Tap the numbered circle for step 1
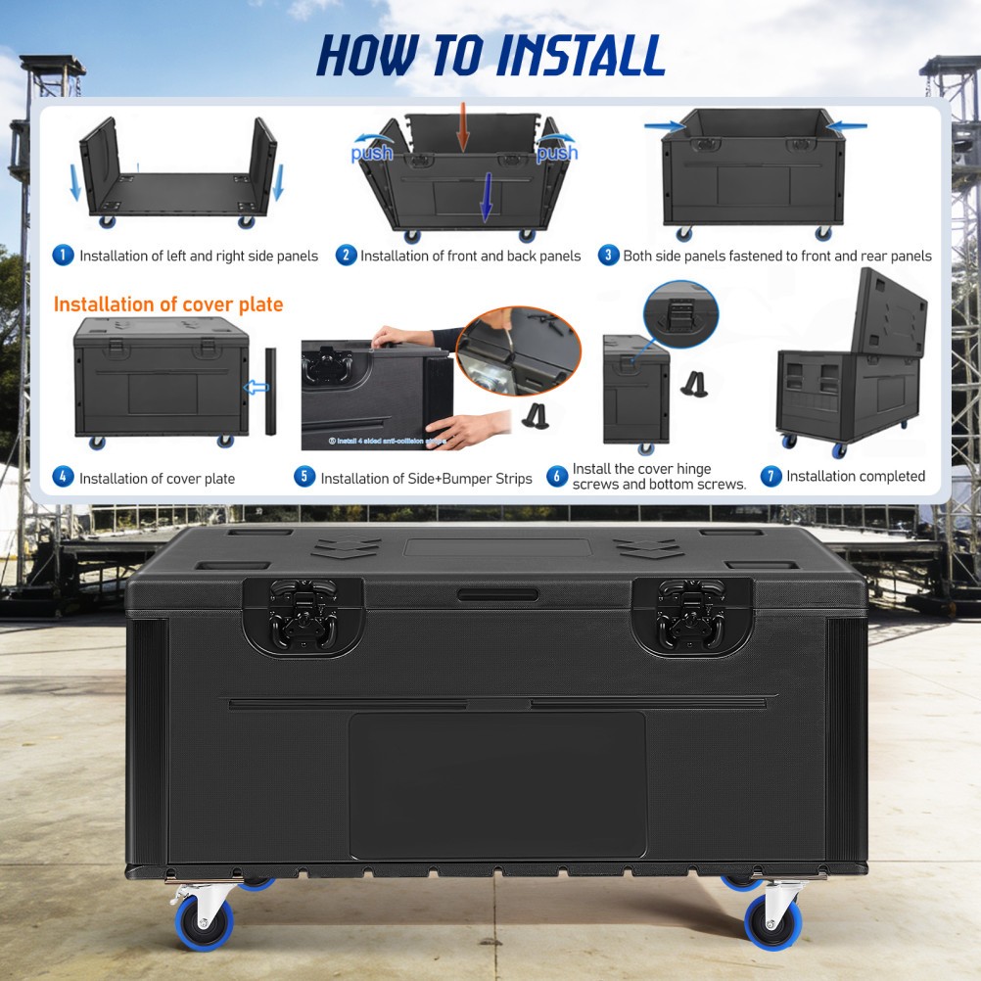click(63, 256)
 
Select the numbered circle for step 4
click(63, 478)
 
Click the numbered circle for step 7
click(771, 477)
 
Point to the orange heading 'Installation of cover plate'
click(167, 304)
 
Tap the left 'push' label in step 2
click(372, 153)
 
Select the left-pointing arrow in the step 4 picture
click(257, 388)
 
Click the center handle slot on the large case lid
click(497, 594)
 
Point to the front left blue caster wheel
click(204, 921)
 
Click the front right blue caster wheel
click(773, 922)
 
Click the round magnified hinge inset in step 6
click(680, 316)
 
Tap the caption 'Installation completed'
click(855, 477)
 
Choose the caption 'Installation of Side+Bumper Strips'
click(426, 479)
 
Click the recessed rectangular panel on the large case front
click(497, 784)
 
